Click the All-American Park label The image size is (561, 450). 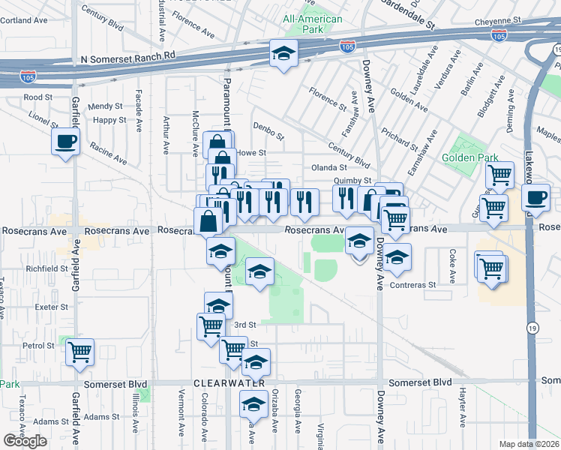coord(313,24)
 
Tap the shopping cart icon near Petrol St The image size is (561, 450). coord(79,351)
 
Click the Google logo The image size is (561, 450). coord(25,441)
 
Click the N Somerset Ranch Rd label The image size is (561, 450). coord(127,55)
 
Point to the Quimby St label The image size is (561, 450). coord(353,181)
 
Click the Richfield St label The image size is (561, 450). coord(46,267)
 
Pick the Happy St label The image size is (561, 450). coord(109,120)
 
